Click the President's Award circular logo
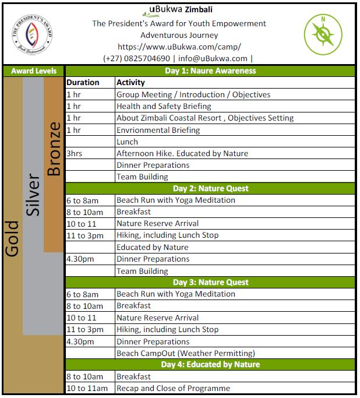pos(33,34)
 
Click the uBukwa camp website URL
pos(179,47)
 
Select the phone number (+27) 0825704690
pos(136,58)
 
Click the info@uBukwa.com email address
pos(213,58)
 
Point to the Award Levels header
pos(34,71)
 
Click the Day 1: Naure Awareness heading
pos(210,71)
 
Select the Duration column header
pos(83,83)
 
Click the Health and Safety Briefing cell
pos(164,106)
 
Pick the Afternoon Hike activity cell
pos(182,153)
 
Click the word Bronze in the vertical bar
pos(54,149)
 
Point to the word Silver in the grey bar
pos(33,195)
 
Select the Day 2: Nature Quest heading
pos(210,188)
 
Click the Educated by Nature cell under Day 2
pos(152,247)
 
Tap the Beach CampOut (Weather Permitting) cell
pos(185,353)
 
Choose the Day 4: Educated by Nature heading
pos(210,365)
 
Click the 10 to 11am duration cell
pos(87,388)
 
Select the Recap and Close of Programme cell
pos(173,388)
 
